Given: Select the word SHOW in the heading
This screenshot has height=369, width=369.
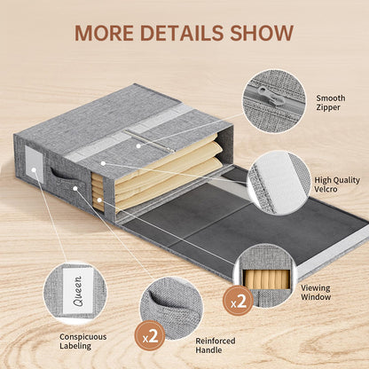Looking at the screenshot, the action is point(262,33).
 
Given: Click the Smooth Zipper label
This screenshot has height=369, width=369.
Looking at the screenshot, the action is point(331,103).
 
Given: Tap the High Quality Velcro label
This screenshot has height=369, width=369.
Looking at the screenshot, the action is point(337,184).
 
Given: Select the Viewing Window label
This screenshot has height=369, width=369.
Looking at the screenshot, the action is point(316,292).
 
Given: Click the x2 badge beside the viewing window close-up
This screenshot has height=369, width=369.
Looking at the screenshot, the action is point(238,301).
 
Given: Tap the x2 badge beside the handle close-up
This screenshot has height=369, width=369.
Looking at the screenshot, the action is point(150,335).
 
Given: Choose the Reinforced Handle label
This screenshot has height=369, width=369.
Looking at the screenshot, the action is point(216,345).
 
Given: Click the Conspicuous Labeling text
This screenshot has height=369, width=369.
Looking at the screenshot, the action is point(83,341).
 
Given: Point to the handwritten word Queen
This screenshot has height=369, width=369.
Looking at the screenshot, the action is point(78,291).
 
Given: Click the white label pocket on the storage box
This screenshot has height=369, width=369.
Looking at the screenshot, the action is point(34,164).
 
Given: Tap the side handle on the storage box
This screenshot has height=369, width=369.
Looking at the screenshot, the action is point(61,176).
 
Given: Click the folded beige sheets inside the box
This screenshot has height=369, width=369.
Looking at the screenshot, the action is point(166,170).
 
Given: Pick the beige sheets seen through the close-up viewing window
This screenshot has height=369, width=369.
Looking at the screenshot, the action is point(267,279).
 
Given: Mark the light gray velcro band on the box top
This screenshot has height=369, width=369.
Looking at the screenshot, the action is point(130,133).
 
